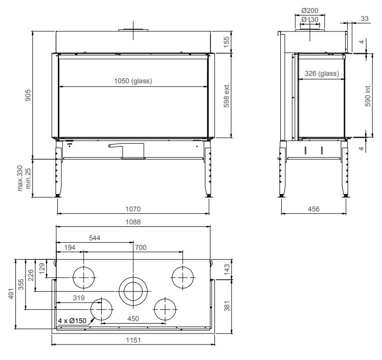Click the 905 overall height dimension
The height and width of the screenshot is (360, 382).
tap(28, 95)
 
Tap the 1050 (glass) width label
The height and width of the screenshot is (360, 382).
tap(133, 81)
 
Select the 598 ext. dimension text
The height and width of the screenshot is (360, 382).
tap(226, 95)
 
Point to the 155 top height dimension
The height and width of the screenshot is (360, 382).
tap(226, 42)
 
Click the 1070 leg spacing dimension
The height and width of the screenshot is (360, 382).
tap(133, 209)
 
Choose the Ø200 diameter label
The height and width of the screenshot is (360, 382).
tap(310, 10)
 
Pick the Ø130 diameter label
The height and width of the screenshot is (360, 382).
tap(310, 19)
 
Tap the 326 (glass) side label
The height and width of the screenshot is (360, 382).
tap(322, 73)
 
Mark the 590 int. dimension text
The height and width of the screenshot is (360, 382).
tap(368, 95)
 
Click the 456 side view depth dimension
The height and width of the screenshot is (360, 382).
tap(314, 209)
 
